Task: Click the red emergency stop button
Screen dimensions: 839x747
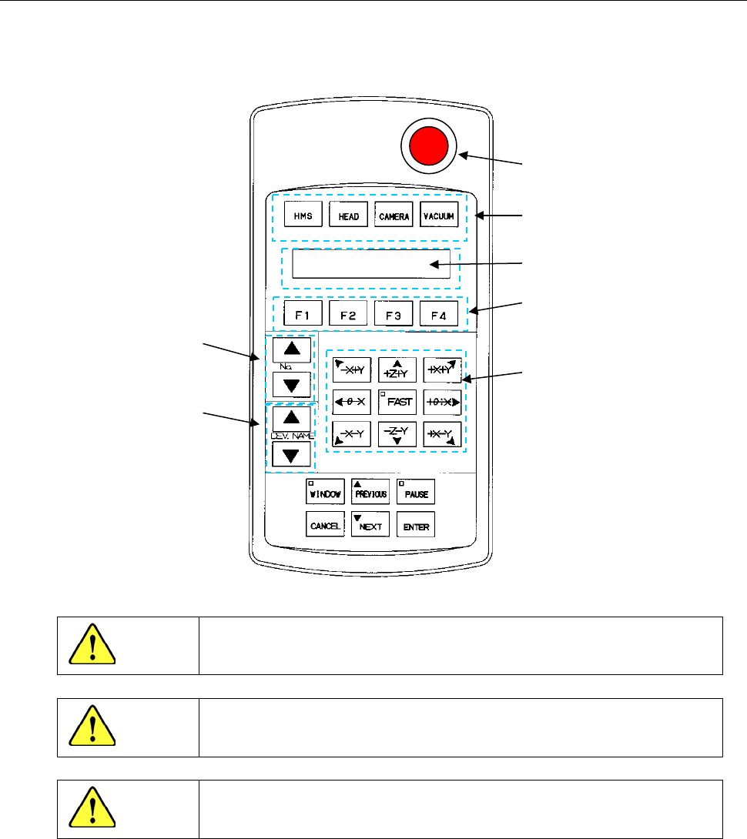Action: (428, 146)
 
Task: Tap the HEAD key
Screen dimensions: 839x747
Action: (348, 216)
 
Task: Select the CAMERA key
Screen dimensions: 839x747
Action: (394, 216)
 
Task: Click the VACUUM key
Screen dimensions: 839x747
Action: (440, 216)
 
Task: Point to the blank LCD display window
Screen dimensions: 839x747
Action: (370, 264)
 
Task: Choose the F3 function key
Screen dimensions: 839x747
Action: (394, 314)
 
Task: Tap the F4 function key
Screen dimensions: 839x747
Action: (439, 314)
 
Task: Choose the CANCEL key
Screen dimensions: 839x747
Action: (325, 526)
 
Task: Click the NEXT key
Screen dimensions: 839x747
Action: (370, 526)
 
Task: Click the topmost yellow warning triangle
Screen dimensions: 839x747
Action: (91, 647)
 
